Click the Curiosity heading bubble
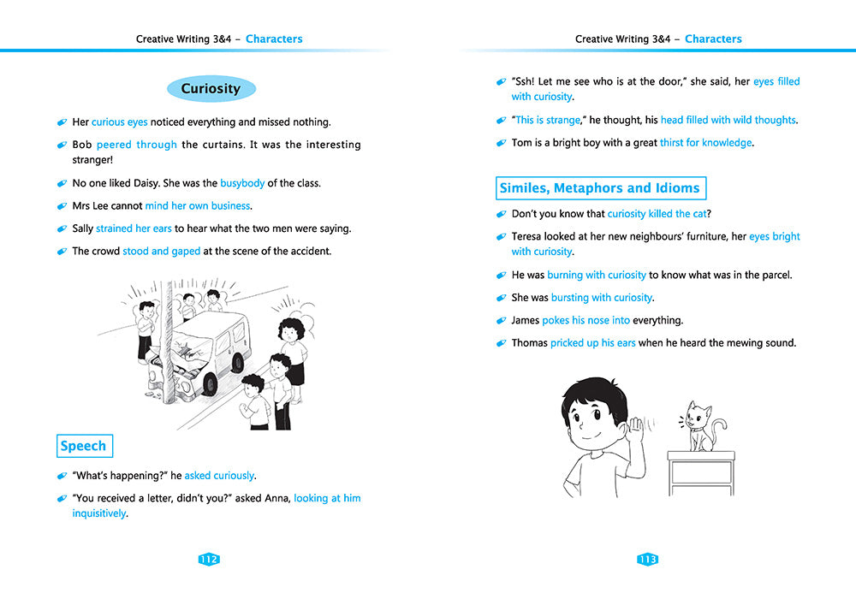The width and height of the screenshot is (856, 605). point(211,89)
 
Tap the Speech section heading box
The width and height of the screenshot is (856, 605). point(84,446)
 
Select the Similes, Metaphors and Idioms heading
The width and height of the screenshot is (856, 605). point(601,188)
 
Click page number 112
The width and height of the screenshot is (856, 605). point(209,560)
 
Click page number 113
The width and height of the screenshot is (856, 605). point(647,560)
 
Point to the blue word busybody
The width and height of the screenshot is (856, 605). point(242,183)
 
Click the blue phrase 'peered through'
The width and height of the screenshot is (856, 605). point(136,145)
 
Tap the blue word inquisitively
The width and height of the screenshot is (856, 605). point(98,513)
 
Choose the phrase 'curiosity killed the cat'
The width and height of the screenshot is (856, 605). point(658,214)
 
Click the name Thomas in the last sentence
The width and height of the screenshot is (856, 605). point(529,343)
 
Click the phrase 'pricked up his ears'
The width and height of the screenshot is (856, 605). point(592,343)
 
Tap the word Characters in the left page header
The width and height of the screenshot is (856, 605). point(274,39)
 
